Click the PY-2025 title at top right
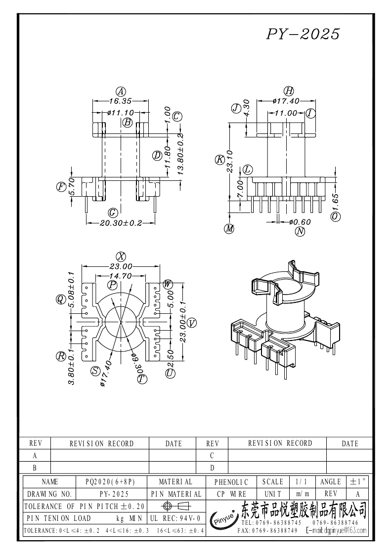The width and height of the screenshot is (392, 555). click(x=303, y=34)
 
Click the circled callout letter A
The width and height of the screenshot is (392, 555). click(x=121, y=91)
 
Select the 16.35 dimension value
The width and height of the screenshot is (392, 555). click(x=121, y=101)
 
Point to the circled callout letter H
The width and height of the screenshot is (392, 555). click(x=289, y=91)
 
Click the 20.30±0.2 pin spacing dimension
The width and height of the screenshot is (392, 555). click(x=121, y=223)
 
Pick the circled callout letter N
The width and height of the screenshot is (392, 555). click(x=300, y=231)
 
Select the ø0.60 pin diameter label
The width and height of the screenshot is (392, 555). click(x=300, y=222)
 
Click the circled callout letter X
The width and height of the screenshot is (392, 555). click(x=121, y=256)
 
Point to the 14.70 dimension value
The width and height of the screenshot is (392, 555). click(x=121, y=276)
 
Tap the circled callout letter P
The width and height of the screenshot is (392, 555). click(x=113, y=285)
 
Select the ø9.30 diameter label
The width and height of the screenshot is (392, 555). click(x=137, y=364)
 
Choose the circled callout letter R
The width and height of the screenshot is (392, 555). click(x=61, y=356)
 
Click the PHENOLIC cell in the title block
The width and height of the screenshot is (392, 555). click(x=231, y=482)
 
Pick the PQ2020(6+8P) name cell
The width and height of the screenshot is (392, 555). click(x=111, y=482)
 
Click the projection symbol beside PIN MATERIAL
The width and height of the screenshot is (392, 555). click(x=176, y=506)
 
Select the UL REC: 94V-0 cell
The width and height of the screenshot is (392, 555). click(x=175, y=518)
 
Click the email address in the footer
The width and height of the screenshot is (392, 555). click(x=337, y=530)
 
